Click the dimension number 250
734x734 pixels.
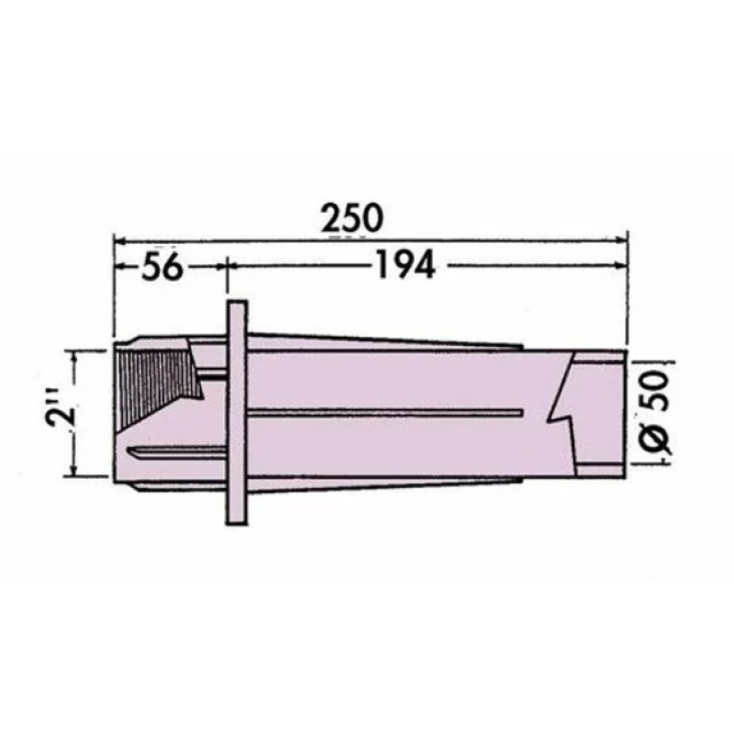point(351,218)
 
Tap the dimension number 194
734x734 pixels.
point(406,266)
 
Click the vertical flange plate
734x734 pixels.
point(237,412)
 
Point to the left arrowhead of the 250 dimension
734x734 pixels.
point(121,241)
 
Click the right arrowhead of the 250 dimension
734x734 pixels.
point(621,239)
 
